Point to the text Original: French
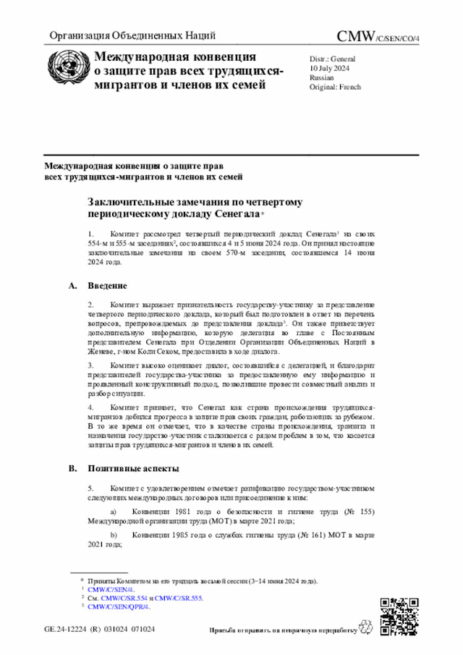pos(335,87)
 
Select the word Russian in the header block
pos(321,76)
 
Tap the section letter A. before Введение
pos(72,286)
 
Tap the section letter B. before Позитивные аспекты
pos(72,468)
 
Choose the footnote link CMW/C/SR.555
pos(179,599)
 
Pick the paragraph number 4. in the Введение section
pos(90,408)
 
